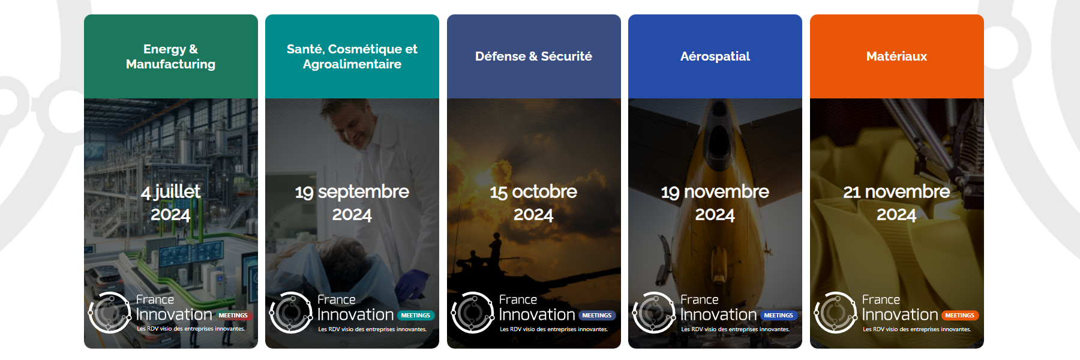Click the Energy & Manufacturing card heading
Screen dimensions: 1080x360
click(x=170, y=56)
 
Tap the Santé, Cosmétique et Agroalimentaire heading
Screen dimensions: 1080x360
click(x=352, y=56)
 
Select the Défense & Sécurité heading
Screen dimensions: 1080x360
click(x=533, y=56)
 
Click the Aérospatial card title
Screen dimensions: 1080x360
click(x=715, y=56)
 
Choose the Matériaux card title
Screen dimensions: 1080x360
click(x=896, y=56)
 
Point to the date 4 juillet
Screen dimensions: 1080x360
click(x=170, y=191)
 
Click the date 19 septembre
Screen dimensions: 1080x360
click(x=352, y=192)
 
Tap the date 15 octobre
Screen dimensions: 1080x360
click(x=533, y=192)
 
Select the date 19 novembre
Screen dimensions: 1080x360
click(x=715, y=192)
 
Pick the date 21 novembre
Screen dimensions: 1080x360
click(x=896, y=192)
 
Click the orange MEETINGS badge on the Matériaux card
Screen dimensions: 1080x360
click(x=959, y=315)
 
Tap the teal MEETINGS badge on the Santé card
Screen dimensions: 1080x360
click(x=415, y=315)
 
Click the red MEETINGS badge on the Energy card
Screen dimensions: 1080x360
click(x=233, y=315)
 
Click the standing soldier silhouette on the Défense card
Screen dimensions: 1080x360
click(x=495, y=245)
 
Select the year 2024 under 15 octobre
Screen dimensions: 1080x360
click(x=533, y=215)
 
